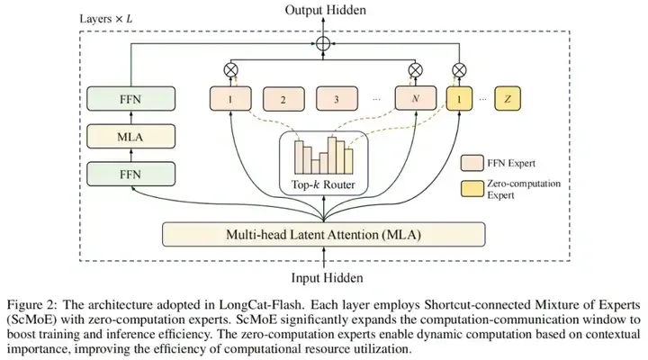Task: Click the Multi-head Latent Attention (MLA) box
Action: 324,235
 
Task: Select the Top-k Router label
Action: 323,184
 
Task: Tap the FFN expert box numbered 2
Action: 283,99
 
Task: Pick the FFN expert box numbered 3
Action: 337,99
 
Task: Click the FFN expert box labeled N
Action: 415,98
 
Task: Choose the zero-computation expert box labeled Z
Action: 508,99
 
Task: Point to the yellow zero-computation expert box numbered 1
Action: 459,99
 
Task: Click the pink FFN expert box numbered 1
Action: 230,99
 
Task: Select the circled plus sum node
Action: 323,43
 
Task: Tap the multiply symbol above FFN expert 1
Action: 230,70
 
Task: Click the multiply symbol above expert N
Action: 415,70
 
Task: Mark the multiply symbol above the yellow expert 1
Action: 459,70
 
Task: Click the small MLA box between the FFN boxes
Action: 130,137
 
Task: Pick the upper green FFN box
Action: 130,99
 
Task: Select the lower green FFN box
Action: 130,174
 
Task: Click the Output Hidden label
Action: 325,10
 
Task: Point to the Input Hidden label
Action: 327,278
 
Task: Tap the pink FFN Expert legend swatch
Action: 472,163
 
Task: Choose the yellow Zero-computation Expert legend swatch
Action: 472,188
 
